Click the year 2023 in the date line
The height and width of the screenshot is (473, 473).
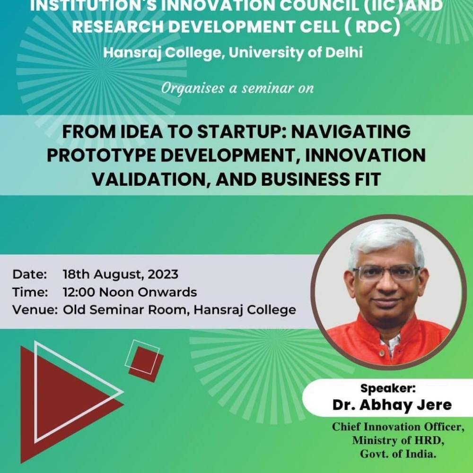(x=163, y=274)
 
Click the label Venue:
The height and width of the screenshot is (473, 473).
(x=35, y=310)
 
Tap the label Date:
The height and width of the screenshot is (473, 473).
(x=30, y=274)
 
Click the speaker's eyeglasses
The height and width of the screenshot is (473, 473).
(x=387, y=273)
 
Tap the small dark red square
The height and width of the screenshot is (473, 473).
(x=146, y=364)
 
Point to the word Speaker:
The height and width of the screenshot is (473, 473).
(x=388, y=388)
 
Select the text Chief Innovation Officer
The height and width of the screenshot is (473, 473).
(x=398, y=427)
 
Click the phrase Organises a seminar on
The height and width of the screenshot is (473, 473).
(x=237, y=88)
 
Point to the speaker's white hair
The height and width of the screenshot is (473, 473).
(x=386, y=241)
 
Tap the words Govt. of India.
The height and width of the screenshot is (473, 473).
(x=398, y=454)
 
